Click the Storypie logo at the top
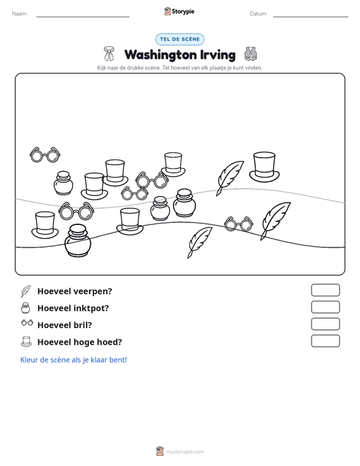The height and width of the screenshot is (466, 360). coord(179,11)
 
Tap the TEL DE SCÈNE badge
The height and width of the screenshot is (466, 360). coord(180,39)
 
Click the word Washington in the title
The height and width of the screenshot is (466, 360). coord(160,55)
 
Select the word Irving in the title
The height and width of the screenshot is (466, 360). coord(218,55)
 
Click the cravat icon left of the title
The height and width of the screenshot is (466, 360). coord(109,53)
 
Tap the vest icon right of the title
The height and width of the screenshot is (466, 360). coord(251,54)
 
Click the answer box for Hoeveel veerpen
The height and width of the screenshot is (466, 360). coord(326,290)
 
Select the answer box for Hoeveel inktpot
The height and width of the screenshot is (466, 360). coord(326,307)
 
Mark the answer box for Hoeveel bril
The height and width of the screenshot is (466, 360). coord(326,324)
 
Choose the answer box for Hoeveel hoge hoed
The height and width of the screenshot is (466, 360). coord(326,341)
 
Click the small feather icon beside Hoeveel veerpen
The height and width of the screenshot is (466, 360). coord(25,291)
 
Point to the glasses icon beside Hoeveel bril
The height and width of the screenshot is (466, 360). coord(27,323)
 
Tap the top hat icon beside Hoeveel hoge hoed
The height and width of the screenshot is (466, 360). coord(26,341)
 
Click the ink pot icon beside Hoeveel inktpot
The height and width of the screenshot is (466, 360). coord(25,308)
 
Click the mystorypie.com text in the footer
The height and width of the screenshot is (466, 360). coord(185,452)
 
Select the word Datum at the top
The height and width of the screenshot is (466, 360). coord(258,14)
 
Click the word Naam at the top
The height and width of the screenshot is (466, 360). coord(20,14)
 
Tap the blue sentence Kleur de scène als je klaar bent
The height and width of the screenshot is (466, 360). coord(74,360)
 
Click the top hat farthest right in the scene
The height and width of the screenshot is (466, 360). coord(265,167)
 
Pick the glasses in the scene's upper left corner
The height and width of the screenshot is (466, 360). coord(45,155)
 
